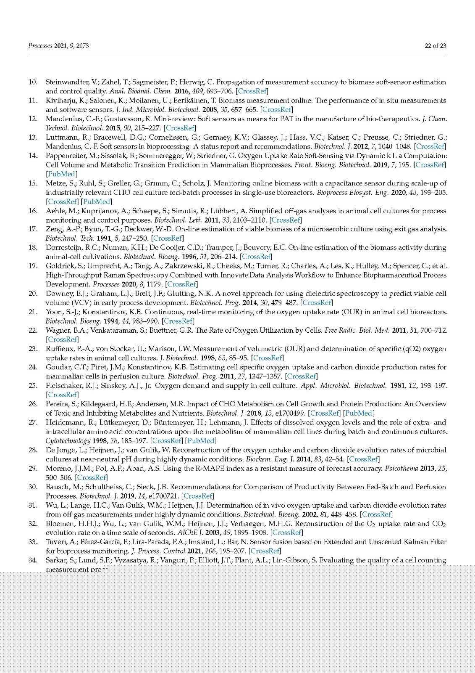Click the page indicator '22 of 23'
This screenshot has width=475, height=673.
[x=435, y=46]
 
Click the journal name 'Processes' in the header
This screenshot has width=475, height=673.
[x=40, y=46]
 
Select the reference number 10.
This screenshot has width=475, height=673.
[x=33, y=82]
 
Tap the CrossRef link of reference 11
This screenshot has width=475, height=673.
[x=277, y=110]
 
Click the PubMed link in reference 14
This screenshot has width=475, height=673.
[x=61, y=174]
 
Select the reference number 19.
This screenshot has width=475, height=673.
[x=33, y=266]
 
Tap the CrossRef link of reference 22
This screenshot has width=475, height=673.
[x=63, y=339]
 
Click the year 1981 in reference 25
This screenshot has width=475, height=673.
[x=397, y=386]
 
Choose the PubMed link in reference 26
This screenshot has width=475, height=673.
[x=359, y=413]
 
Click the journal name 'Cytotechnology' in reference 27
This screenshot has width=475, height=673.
[x=68, y=441]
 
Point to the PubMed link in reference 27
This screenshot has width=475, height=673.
[x=201, y=441]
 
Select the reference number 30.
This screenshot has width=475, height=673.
[x=33, y=487]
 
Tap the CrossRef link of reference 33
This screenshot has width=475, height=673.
[x=265, y=551]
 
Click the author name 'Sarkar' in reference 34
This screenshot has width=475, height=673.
[x=56, y=560]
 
